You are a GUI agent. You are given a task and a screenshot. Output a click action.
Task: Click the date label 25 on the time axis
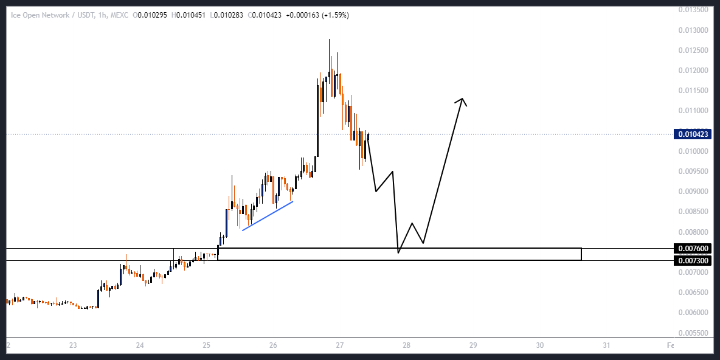(x=207, y=345)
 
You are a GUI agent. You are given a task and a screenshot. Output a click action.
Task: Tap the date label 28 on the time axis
(x=406, y=345)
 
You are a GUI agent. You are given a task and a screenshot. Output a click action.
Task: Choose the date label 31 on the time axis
(x=606, y=345)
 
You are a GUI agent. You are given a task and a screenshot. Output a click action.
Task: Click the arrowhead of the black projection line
(x=463, y=100)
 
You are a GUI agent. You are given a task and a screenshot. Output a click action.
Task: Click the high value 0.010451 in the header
(x=190, y=15)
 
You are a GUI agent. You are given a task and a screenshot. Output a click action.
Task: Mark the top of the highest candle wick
(x=329, y=40)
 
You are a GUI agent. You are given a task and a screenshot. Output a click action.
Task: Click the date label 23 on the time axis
(x=73, y=345)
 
